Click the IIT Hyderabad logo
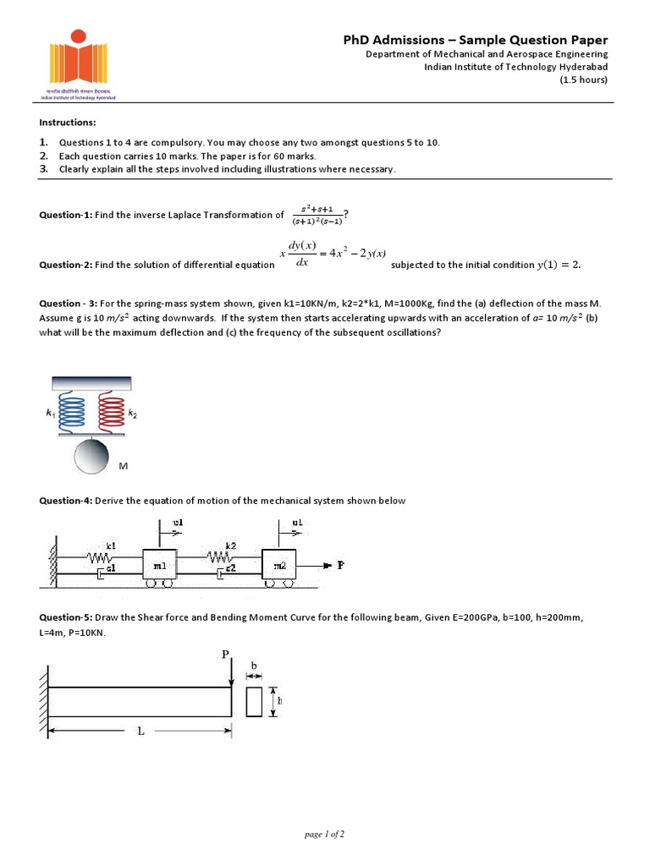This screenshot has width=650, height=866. tap(77, 63)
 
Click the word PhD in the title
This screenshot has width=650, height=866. tap(359, 40)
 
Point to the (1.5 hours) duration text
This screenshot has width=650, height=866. tap(583, 80)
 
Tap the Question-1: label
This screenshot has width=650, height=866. tap(65, 215)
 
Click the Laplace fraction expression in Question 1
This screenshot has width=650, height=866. tap(317, 215)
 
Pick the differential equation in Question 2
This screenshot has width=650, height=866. tap(333, 253)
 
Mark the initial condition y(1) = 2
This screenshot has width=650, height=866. tap(559, 265)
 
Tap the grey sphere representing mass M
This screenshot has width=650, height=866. tap(92, 456)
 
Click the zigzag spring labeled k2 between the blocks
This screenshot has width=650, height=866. tap(218, 558)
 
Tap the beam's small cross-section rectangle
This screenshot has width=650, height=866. tap(254, 702)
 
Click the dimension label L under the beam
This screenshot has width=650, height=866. tap(141, 732)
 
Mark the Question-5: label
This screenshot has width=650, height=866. tap(65, 618)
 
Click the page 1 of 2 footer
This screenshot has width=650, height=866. tap(324, 835)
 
